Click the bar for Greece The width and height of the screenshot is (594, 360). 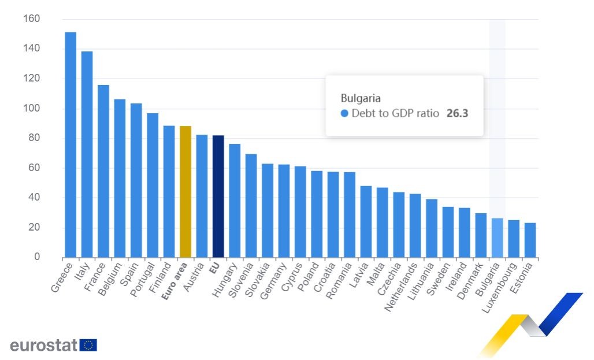[70, 144]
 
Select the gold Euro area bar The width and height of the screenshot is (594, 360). [185, 191]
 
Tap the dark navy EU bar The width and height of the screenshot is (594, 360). [218, 196]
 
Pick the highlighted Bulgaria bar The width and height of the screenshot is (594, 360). [497, 237]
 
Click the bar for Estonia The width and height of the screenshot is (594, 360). [530, 240]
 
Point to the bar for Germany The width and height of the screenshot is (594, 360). [284, 211]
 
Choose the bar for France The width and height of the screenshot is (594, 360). [103, 171]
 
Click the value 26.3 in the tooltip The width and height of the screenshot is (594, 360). [457, 114]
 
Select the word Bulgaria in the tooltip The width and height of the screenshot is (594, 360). [361, 98]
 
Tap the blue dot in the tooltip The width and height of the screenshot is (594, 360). [344, 114]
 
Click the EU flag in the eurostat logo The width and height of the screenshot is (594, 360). [88, 345]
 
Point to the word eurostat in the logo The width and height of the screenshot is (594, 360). [43, 346]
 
